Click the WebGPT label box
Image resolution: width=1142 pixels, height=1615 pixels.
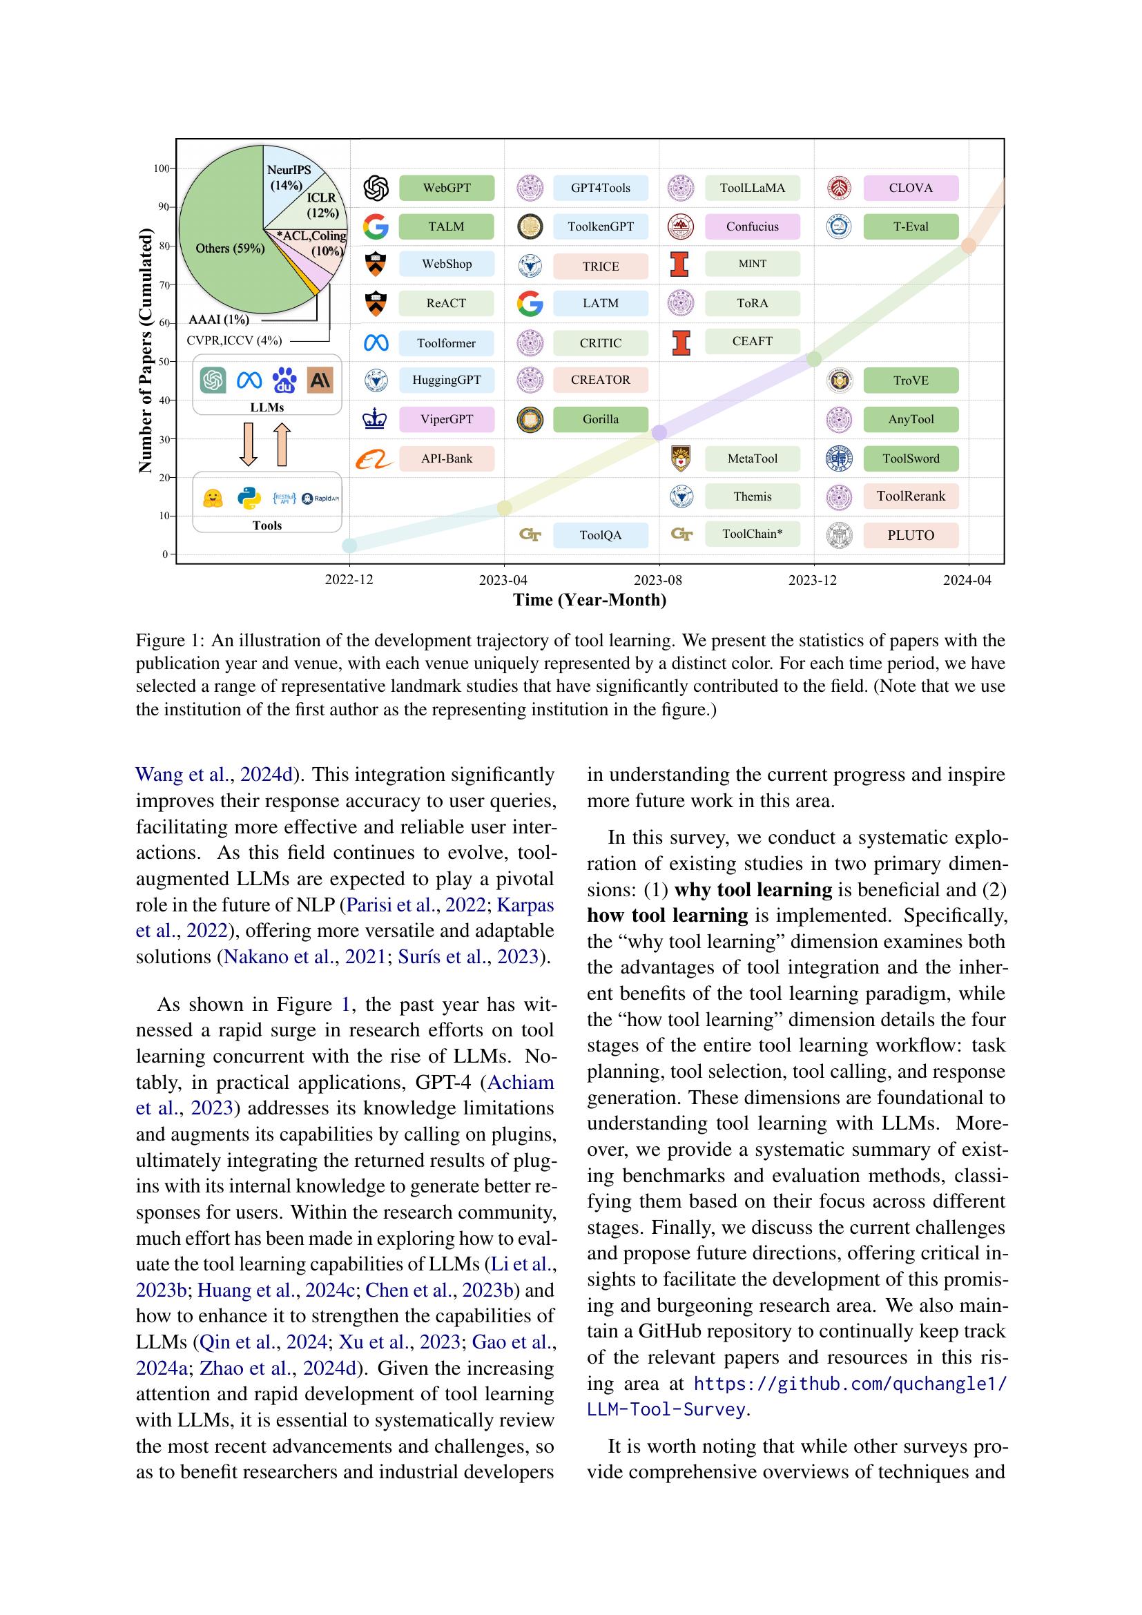tap(447, 188)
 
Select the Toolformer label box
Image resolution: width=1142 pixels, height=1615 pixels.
tap(446, 343)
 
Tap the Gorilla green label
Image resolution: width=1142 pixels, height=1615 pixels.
tap(600, 419)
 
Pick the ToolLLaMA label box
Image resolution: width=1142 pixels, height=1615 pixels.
tap(752, 188)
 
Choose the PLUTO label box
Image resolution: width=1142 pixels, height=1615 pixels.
tap(910, 535)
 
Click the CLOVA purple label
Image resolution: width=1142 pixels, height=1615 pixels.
tap(910, 188)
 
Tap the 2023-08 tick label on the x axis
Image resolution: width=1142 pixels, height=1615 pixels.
tap(658, 580)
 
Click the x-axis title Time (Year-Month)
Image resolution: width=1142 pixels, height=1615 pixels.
tap(589, 600)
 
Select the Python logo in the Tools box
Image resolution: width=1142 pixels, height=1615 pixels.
tap(249, 499)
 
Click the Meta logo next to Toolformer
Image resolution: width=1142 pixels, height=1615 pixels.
tap(376, 343)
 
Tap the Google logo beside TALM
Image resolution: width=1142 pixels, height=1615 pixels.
tap(376, 226)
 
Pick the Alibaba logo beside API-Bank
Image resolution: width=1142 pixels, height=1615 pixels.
tap(374, 459)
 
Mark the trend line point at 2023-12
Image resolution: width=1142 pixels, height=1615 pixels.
tap(813, 360)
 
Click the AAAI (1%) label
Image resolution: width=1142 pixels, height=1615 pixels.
tap(219, 320)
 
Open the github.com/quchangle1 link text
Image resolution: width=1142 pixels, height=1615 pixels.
tap(849, 1384)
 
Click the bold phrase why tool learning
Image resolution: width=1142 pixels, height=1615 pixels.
tap(753, 890)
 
